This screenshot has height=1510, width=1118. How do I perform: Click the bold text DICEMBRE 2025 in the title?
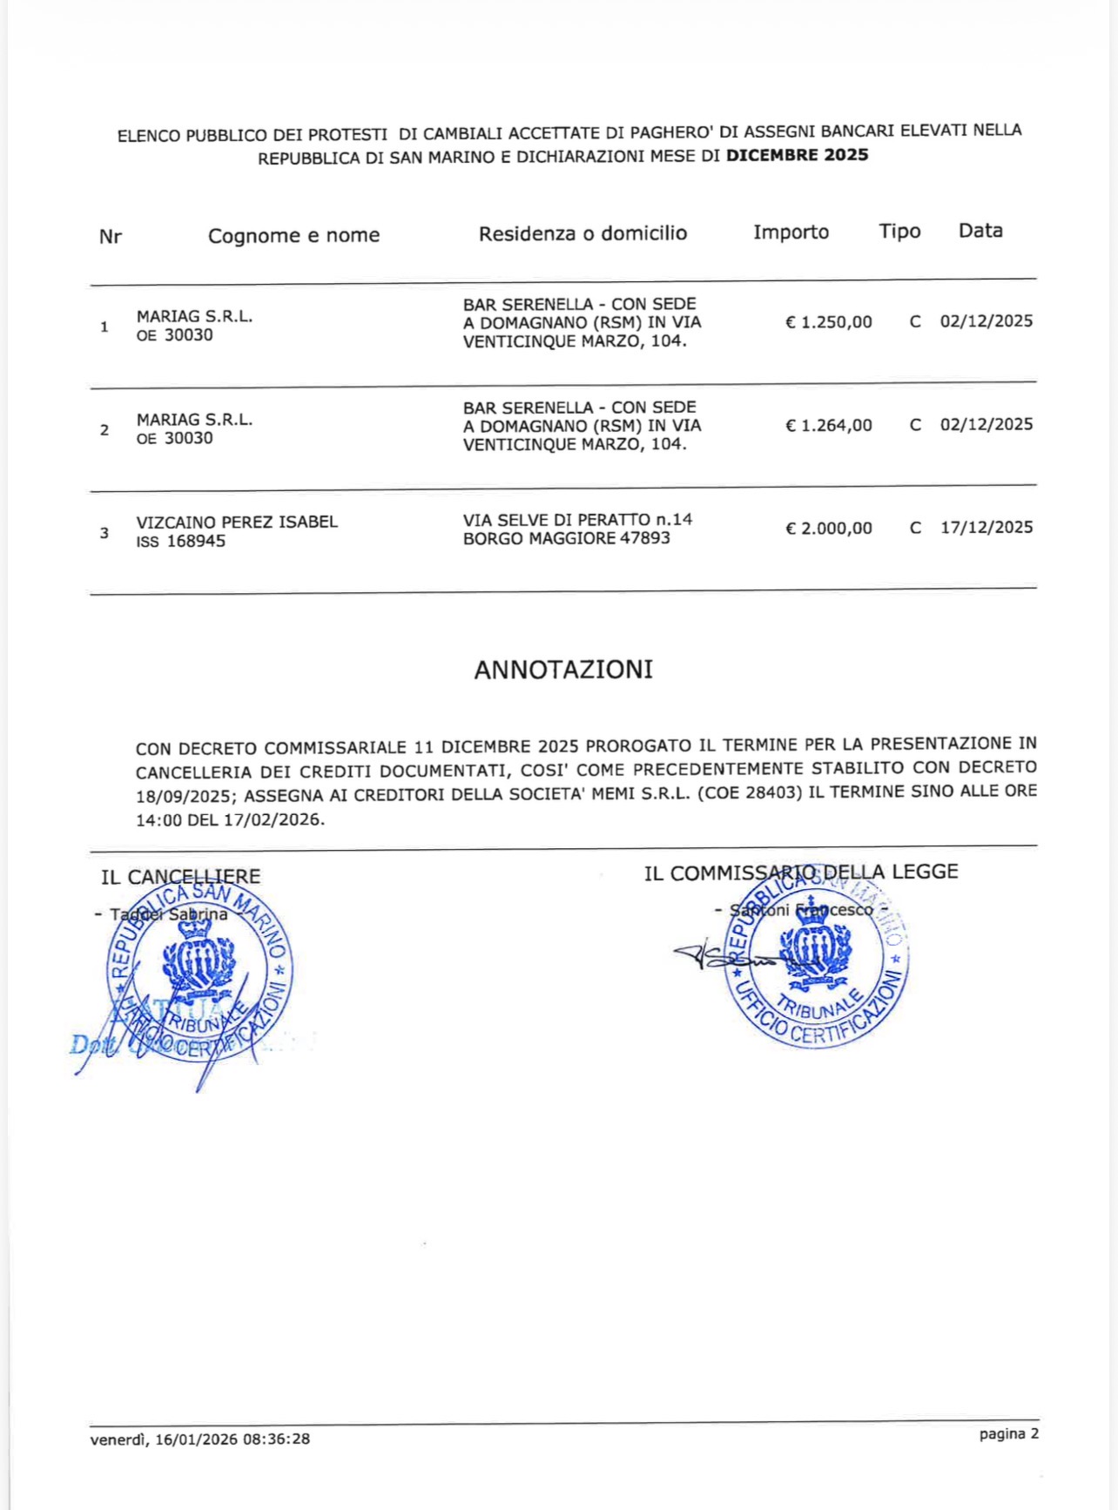[x=797, y=155]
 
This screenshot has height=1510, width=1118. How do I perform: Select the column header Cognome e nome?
[x=293, y=235]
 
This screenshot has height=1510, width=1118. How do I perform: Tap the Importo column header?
[x=791, y=233]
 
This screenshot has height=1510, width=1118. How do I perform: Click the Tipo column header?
[x=899, y=232]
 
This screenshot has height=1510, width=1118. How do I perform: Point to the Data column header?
[x=980, y=231]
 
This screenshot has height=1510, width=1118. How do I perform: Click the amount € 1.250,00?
[x=828, y=322]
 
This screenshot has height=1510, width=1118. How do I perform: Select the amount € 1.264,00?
[x=828, y=425]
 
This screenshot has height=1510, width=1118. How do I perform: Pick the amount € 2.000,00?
[x=828, y=529]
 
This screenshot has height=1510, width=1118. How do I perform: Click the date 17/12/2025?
[x=987, y=528]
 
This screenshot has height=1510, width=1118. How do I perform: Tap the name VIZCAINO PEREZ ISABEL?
[x=237, y=522]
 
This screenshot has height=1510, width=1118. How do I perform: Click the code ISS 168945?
[x=180, y=542]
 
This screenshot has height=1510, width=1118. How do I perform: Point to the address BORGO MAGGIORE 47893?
[x=566, y=538]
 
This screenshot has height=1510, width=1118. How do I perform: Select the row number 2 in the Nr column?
[x=104, y=430]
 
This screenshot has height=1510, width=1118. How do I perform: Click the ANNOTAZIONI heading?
[x=563, y=670]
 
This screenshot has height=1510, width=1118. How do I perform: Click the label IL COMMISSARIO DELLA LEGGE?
[x=800, y=873]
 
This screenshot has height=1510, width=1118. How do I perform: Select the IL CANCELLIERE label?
[x=180, y=877]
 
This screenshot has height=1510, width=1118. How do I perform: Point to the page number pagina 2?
[x=1008, y=1433]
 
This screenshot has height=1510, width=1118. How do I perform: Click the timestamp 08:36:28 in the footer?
[x=276, y=1439]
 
